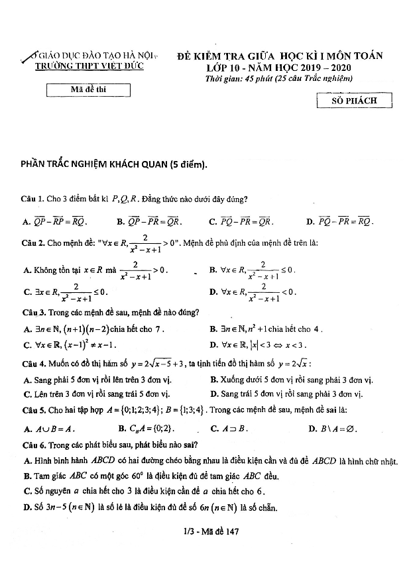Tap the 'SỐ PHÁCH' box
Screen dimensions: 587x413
pos(355,101)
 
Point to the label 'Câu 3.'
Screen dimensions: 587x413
pos(34,313)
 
